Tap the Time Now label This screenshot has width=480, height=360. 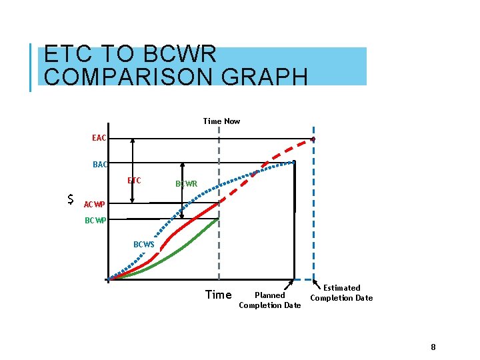221,121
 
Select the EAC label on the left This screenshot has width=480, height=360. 99,138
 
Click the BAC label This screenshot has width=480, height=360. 100,164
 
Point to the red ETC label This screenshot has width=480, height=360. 134,180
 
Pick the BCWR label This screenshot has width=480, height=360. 186,183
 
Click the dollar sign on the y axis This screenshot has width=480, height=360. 71,199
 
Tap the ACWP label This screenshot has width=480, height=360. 94,204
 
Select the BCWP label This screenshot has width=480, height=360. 95,221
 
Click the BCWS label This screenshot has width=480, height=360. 143,245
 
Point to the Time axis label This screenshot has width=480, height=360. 218,295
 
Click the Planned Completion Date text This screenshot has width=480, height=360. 270,300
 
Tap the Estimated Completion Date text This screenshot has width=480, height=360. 341,293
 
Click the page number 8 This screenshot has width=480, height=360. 433,347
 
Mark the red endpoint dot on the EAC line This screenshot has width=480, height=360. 313,139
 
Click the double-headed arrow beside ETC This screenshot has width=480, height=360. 133,169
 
